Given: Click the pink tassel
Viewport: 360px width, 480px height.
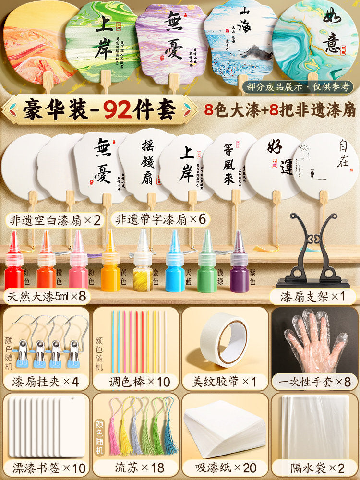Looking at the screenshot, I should coord(114,434).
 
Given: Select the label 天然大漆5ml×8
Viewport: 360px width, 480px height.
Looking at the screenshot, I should coord(47,296).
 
